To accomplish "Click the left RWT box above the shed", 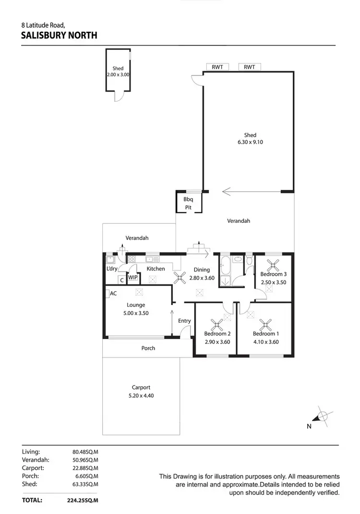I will tap(217, 67).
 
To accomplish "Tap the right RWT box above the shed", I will tap(249, 67).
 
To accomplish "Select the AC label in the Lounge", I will tap(113, 294).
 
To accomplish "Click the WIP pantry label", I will tap(133, 278).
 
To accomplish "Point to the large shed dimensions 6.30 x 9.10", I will tap(250, 142).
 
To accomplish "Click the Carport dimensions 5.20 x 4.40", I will tap(141, 396).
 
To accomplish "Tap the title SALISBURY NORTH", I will tap(60, 35).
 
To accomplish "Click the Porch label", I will tap(148, 348).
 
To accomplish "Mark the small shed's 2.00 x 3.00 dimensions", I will tap(119, 75).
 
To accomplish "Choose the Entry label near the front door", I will tap(184, 321).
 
